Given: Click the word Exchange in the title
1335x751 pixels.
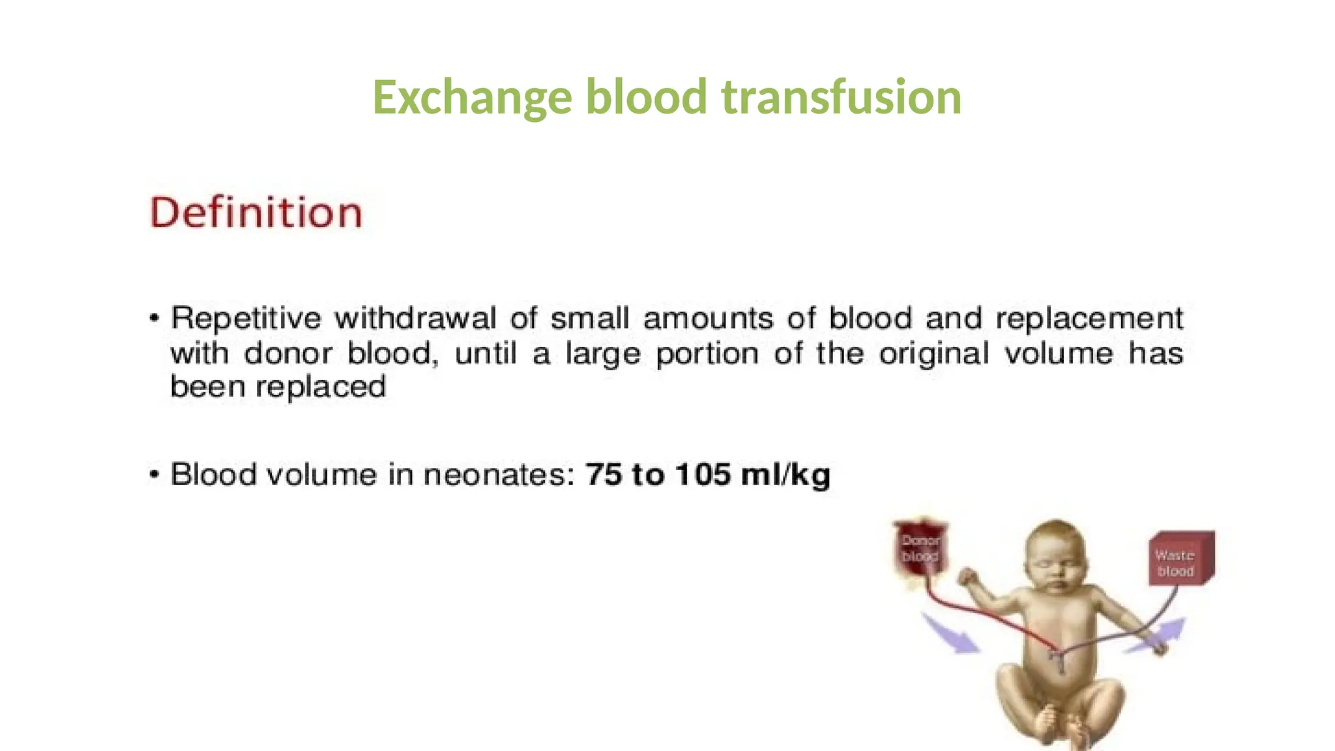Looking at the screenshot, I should [x=472, y=98].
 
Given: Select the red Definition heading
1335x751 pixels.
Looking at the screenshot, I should [x=256, y=213].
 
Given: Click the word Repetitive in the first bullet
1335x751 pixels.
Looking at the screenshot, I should [x=246, y=319].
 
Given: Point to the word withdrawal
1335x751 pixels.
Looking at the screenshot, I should [x=415, y=319].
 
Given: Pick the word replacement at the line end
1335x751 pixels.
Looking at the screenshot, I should [x=1089, y=319].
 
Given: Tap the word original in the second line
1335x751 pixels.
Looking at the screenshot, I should [x=933, y=354].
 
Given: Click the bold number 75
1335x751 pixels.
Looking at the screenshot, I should [x=603, y=475].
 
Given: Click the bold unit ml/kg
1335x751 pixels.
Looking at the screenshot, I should [x=785, y=475].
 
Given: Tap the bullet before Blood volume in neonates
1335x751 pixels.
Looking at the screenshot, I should [x=154, y=474].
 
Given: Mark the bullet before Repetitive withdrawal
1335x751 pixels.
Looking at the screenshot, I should [x=154, y=319].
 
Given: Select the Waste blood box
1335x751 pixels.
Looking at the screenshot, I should [x=1180, y=559].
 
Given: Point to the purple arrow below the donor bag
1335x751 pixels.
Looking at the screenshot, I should [x=951, y=633].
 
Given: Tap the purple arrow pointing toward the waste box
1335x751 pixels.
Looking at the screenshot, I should [x=1157, y=636].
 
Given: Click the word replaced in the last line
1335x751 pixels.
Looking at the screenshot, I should [x=321, y=387].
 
